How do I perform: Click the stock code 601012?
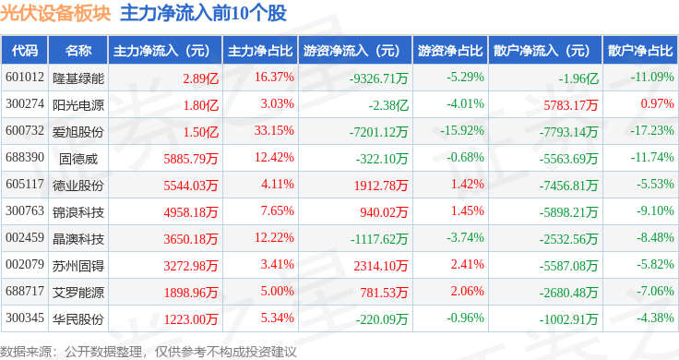(25, 78)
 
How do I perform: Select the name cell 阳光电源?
(78, 105)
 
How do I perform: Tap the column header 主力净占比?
(260, 51)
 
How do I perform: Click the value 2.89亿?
(200, 78)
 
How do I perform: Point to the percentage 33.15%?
(274, 130)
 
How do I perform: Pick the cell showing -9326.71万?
(379, 78)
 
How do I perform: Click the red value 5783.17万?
(571, 105)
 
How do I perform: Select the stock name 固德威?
(78, 159)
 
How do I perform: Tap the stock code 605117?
(25, 184)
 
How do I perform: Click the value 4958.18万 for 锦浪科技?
(191, 212)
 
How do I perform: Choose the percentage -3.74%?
(465, 237)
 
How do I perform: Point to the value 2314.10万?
(381, 266)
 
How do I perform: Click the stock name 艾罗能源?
(78, 293)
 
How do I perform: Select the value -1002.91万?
(568, 319)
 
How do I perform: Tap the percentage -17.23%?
(652, 130)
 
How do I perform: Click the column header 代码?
(25, 51)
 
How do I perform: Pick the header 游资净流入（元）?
(351, 51)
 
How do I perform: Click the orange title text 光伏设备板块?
(55, 14)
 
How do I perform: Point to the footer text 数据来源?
(26, 352)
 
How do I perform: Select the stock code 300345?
(25, 318)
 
